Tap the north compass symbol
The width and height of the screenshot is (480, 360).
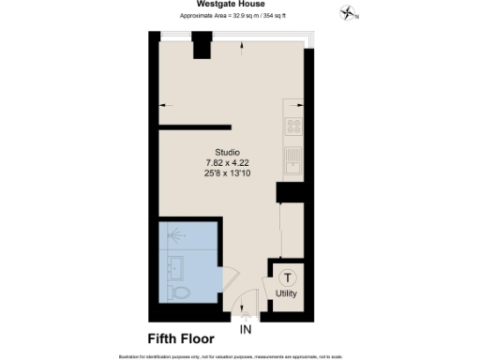click(351, 13)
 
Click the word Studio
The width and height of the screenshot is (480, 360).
click(227, 152)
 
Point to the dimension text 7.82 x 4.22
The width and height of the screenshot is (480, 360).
click(227, 162)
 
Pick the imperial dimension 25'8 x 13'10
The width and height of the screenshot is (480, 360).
click(227, 172)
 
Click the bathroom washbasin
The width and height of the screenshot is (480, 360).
click(174, 264)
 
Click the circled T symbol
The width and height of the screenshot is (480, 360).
click(288, 277)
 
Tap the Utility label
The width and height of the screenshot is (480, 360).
click(288, 293)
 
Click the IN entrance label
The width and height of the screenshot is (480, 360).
click(246, 330)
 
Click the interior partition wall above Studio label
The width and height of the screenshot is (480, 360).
click(195, 127)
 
